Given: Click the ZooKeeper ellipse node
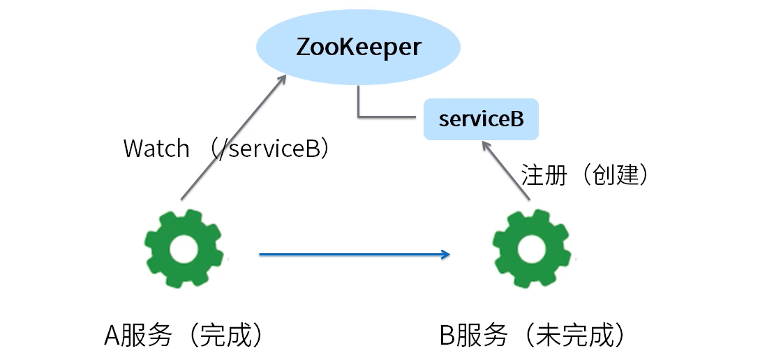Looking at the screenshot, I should [358, 47].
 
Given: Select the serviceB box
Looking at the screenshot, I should [481, 119].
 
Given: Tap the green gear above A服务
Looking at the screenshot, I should [184, 248].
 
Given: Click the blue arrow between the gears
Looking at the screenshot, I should [349, 255].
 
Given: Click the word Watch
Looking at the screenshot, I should [156, 149].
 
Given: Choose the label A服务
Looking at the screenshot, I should [138, 336].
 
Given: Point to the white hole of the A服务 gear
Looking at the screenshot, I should [184, 248].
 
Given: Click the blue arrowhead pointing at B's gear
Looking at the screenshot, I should [445, 255].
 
